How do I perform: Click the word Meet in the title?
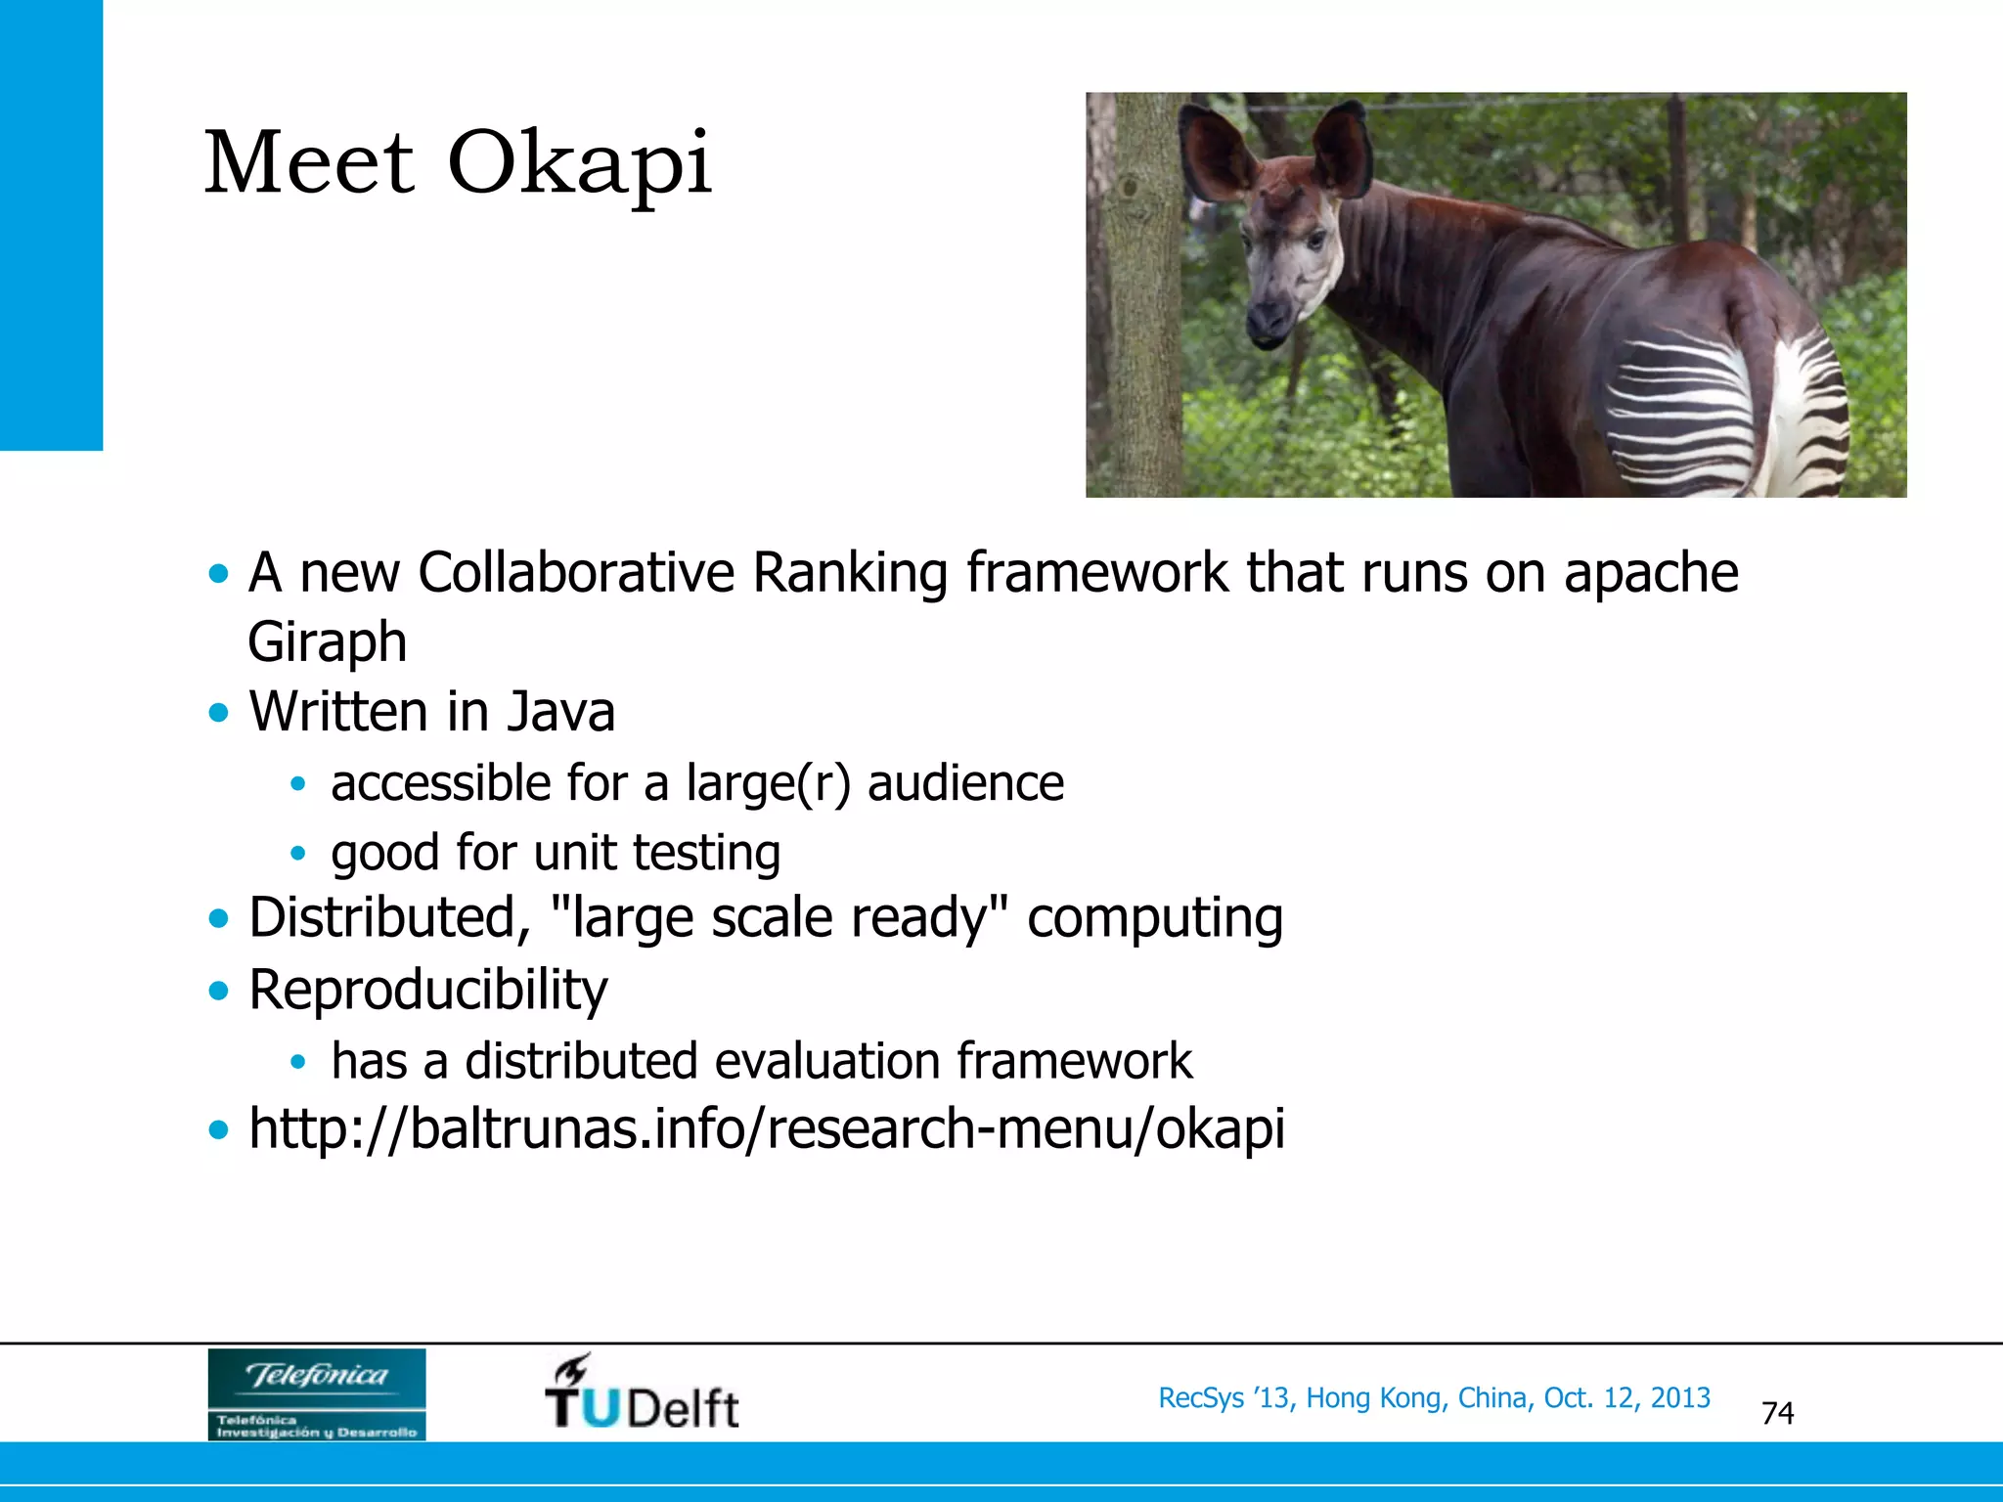(309, 162)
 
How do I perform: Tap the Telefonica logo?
(316, 1393)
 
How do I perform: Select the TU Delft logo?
(642, 1394)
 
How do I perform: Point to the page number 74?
(1777, 1413)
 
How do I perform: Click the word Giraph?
(327, 641)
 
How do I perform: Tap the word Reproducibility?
(427, 990)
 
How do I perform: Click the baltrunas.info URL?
(766, 1128)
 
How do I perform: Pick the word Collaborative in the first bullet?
(575, 572)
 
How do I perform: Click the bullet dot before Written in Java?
(219, 712)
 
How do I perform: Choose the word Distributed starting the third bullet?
(382, 918)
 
